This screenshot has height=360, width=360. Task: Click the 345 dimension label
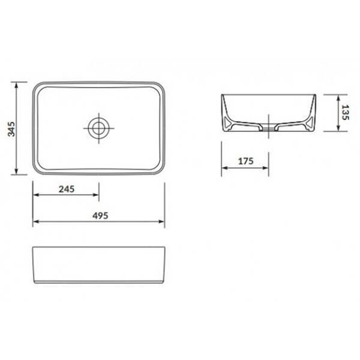click(11, 129)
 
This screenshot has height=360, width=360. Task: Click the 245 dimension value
click(67, 189)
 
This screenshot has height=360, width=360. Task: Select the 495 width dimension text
click(100, 216)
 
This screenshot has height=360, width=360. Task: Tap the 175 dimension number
click(246, 161)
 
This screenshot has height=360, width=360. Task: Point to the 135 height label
click(345, 112)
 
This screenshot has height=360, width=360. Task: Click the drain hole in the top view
click(99, 128)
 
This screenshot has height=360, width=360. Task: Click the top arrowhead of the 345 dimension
click(16, 85)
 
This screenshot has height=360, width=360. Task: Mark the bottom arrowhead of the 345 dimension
click(16, 171)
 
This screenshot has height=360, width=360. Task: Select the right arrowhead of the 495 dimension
click(161, 221)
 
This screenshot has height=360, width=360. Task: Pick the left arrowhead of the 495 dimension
click(36, 221)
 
